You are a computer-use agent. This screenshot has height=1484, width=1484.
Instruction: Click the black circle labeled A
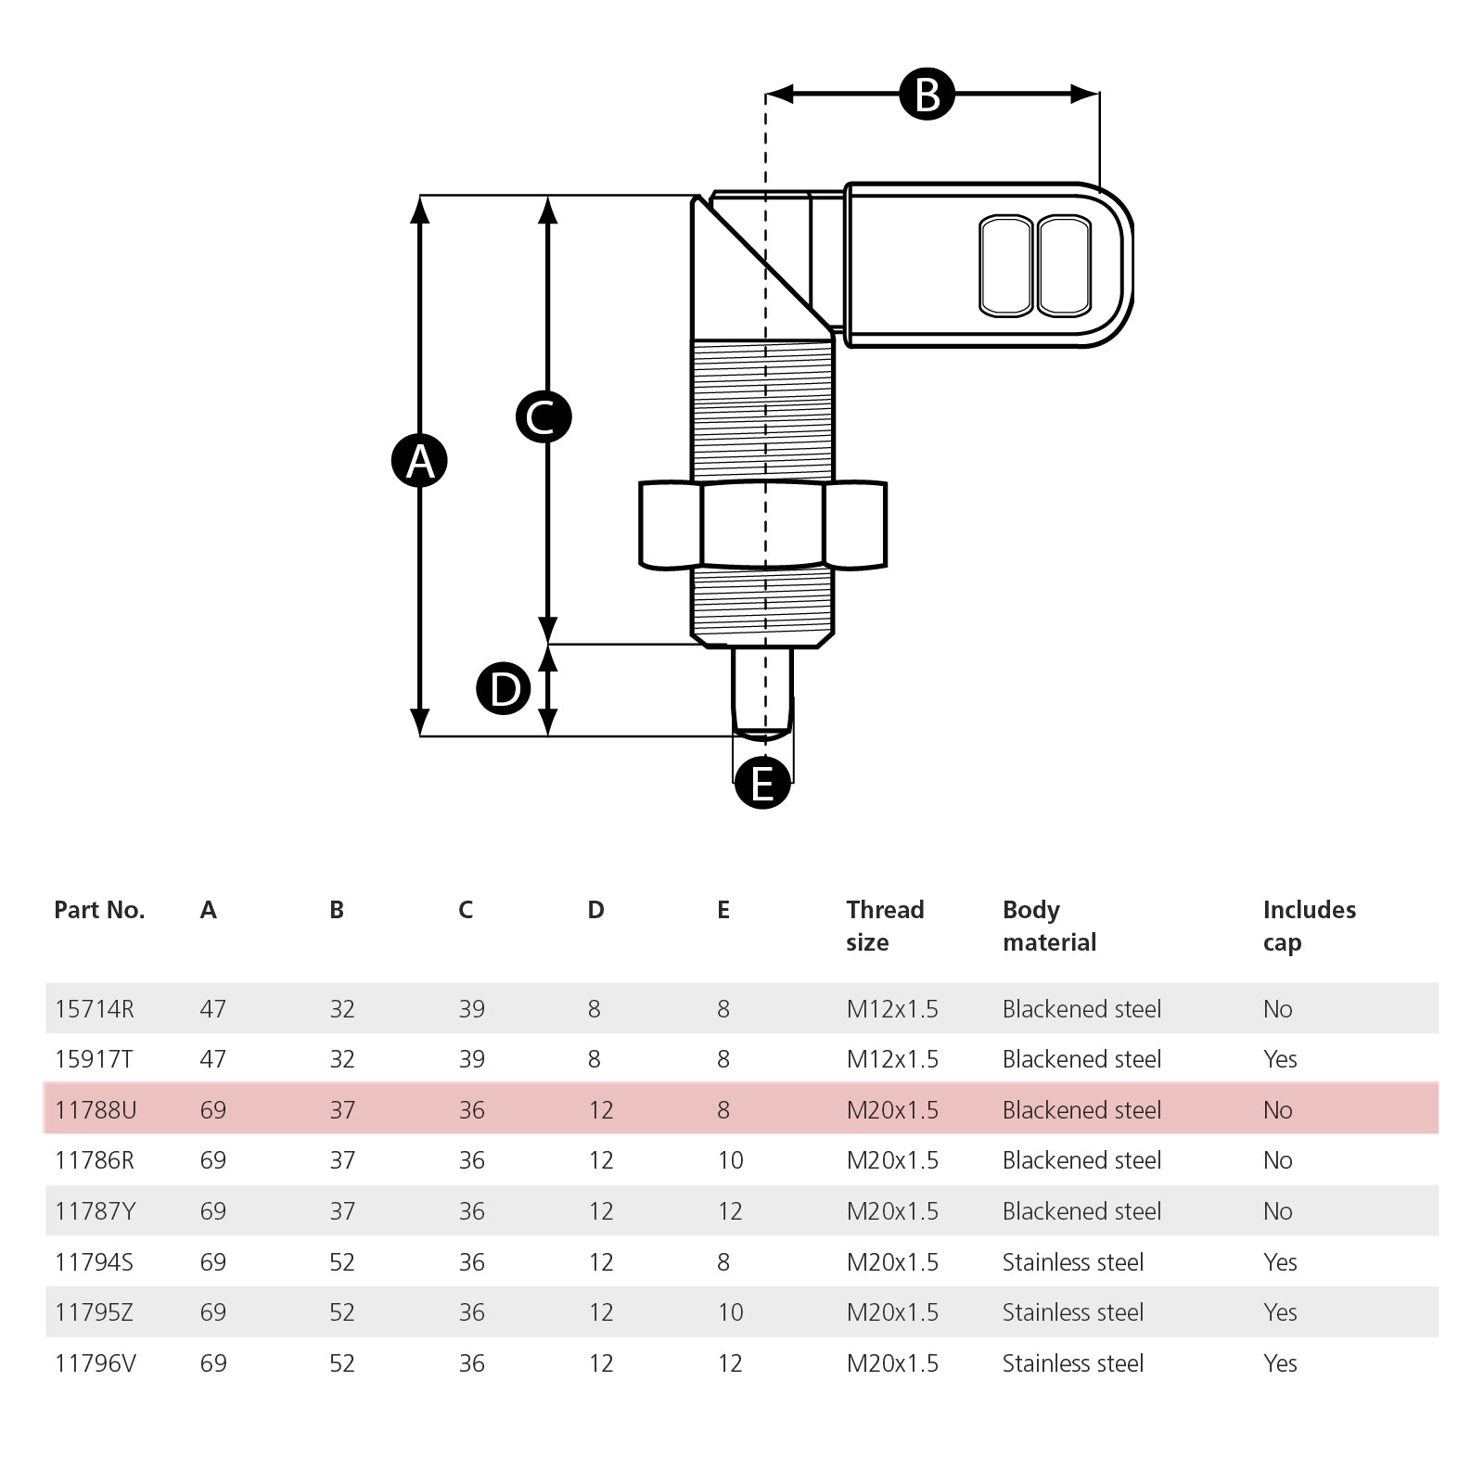[x=419, y=460]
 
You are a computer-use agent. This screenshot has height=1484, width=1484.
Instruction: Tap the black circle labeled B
[x=927, y=94]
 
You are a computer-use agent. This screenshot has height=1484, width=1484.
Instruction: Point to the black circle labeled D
[x=504, y=689]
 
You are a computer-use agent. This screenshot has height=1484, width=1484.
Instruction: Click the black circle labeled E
[x=762, y=782]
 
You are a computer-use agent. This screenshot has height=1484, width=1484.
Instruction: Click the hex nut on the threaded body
[x=762, y=524]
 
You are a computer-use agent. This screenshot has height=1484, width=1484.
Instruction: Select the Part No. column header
[x=99, y=910]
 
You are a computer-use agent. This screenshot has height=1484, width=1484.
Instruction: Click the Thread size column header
[x=885, y=926]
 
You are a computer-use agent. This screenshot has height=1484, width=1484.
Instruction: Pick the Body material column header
[x=1049, y=926]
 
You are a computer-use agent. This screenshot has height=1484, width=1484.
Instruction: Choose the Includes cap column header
[x=1309, y=926]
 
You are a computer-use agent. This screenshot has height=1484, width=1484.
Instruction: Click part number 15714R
[x=95, y=1009]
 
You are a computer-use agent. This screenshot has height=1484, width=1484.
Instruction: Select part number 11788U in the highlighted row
[x=96, y=1110]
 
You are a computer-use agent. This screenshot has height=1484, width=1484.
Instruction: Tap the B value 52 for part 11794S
[x=342, y=1262]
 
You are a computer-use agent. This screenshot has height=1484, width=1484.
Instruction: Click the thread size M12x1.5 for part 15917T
[x=892, y=1059]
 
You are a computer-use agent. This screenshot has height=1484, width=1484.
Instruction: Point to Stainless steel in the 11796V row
[x=1073, y=1363]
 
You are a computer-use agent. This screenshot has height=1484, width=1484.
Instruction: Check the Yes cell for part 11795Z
[x=1280, y=1312]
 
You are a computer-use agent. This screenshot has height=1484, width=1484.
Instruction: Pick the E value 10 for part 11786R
[x=731, y=1160]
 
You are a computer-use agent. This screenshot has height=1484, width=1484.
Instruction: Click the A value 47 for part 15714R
[x=213, y=1009]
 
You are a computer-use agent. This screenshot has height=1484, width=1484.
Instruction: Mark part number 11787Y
[x=95, y=1211]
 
